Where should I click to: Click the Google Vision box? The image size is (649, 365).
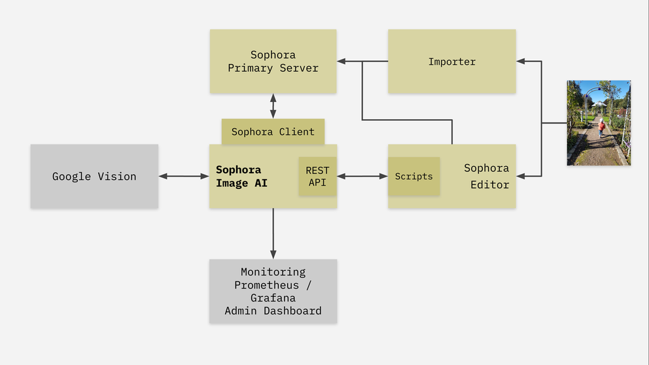tap(94, 176)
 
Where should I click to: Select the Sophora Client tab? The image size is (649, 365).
tap(273, 131)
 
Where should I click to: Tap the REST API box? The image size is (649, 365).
tap(317, 176)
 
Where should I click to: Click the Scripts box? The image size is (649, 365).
tap(413, 177)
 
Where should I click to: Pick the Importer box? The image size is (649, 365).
tap(452, 61)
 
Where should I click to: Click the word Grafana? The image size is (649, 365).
tap(273, 298)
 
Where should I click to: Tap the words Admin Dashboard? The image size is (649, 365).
tap(273, 311)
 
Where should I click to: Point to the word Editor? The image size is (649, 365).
tap(489, 184)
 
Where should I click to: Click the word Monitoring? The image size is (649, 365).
tap(273, 272)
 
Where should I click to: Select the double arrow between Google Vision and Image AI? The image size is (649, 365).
tap(183, 176)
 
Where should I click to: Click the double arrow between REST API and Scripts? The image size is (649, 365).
tap(362, 176)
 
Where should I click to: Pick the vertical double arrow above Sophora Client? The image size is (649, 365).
tap(273, 105)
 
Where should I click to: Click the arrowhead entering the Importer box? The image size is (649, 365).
tap(520, 61)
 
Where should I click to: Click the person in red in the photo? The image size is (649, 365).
tap(601, 127)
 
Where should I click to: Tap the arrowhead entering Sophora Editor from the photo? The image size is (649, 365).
tap(521, 176)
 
